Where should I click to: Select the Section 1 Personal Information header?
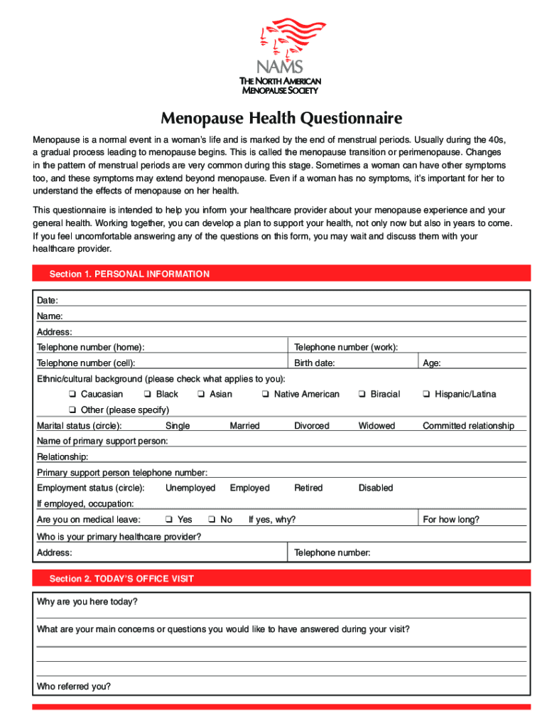click(x=129, y=274)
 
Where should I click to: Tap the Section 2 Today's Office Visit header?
click(x=121, y=579)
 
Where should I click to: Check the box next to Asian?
click(x=201, y=395)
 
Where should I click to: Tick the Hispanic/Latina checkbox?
click(x=426, y=395)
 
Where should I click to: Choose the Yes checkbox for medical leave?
click(x=168, y=520)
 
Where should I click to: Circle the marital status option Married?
click(x=244, y=426)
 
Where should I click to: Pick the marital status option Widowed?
click(x=377, y=426)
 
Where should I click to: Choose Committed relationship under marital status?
click(x=468, y=426)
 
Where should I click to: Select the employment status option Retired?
click(x=308, y=488)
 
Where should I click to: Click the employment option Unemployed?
click(x=190, y=488)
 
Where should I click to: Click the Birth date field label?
click(x=315, y=363)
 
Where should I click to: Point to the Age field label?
click(x=432, y=363)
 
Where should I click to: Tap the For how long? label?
click(x=451, y=520)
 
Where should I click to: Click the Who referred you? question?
click(x=74, y=687)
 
